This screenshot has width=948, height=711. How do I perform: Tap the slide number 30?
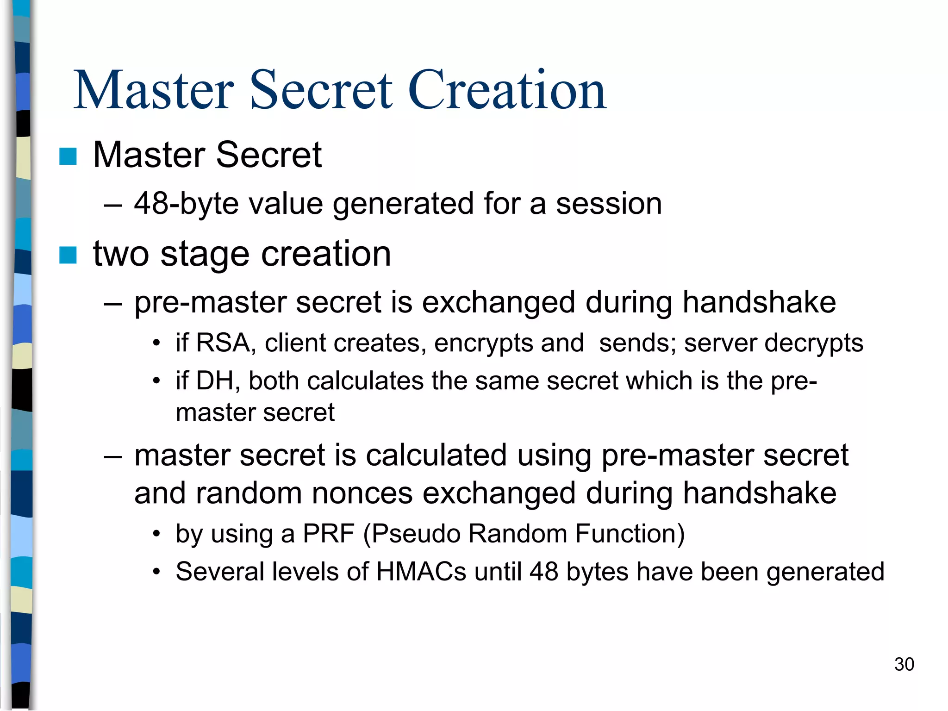tap(904, 664)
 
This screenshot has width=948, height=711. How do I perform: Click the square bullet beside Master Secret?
tap(68, 156)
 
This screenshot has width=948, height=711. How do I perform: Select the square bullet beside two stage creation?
tap(68, 255)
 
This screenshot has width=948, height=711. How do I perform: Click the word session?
tap(609, 204)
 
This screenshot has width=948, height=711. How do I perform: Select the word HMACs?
tap(421, 572)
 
